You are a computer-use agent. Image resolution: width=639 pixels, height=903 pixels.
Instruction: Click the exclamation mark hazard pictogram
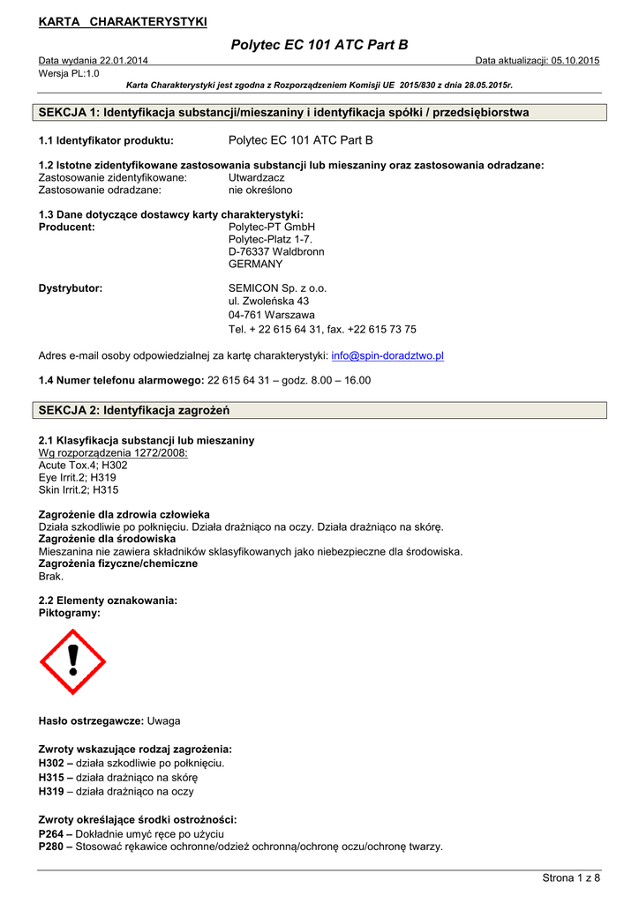(72, 661)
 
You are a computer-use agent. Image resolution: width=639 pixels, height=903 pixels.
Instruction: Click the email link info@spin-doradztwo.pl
(387, 355)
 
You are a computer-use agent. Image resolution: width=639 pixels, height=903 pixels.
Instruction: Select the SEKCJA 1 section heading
(284, 113)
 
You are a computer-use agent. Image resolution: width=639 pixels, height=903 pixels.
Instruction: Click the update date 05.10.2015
(575, 60)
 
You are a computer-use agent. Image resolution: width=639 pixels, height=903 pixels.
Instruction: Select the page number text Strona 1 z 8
(570, 877)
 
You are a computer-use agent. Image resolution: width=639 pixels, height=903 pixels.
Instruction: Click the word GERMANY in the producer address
(255, 264)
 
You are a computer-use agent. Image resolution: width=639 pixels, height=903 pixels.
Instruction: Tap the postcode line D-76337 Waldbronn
(275, 251)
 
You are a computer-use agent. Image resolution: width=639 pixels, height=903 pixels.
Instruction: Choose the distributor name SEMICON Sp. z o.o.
(277, 288)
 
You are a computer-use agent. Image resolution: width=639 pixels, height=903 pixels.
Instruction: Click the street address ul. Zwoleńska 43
(268, 301)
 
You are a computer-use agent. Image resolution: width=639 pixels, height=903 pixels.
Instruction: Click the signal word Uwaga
(164, 721)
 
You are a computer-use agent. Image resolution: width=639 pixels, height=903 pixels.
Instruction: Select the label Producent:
(67, 227)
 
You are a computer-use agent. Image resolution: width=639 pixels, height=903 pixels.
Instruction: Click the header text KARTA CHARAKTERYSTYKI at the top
(123, 20)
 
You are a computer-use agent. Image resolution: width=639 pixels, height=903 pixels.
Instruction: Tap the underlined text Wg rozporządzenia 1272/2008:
(113, 452)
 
